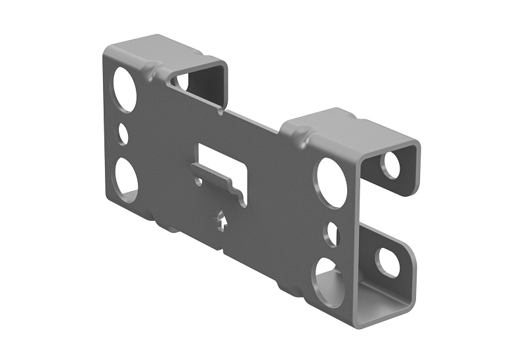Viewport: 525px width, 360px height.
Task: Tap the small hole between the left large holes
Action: coord(123,134)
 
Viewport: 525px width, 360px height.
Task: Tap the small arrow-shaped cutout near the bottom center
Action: coord(222,220)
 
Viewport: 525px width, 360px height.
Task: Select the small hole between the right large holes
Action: coord(333,233)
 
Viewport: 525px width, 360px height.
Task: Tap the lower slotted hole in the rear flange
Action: coord(388,261)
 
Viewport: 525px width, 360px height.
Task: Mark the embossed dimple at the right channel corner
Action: coord(303,138)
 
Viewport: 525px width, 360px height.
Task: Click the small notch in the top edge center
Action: coord(221,111)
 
